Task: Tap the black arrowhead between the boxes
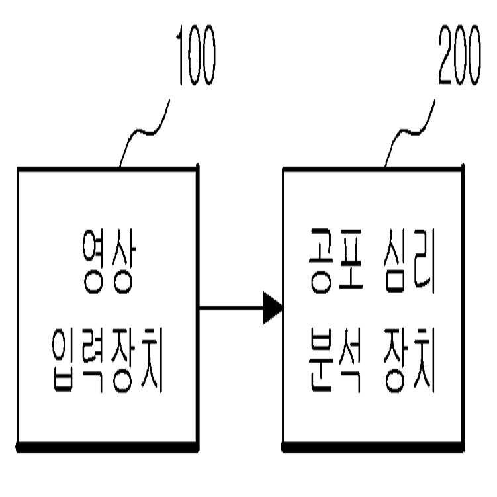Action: tap(272, 308)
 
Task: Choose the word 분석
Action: tap(332, 366)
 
